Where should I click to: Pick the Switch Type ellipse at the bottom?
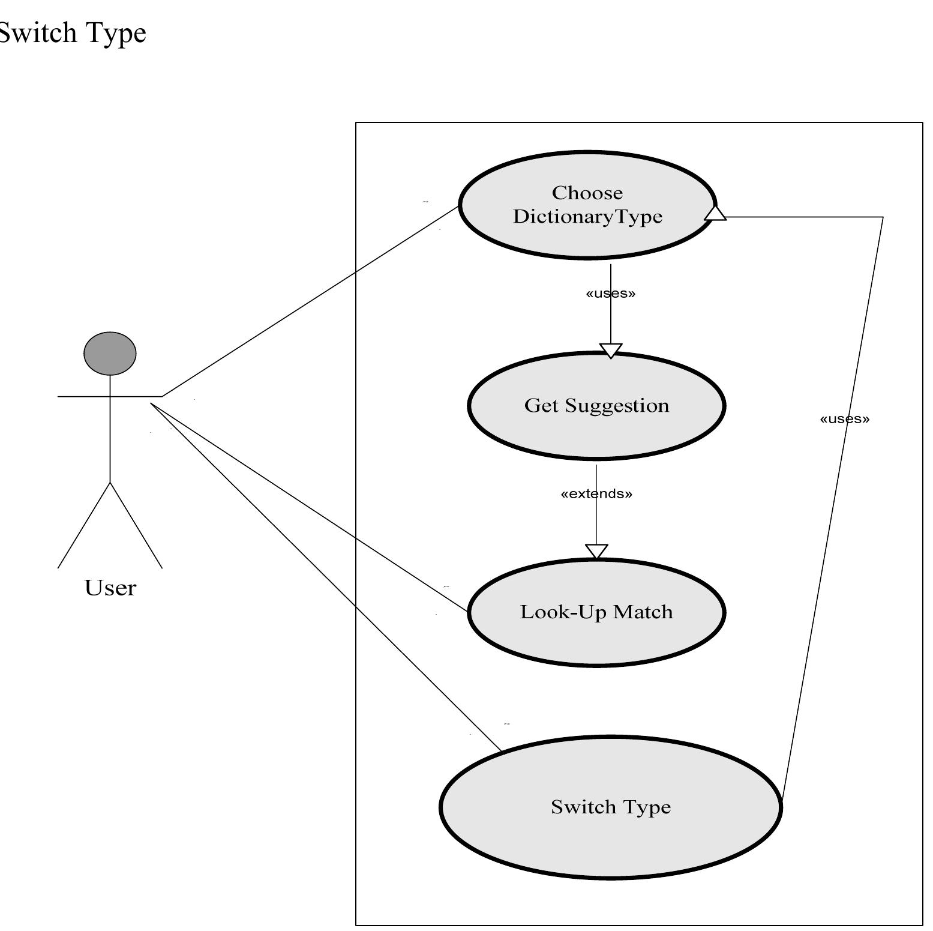[x=610, y=840]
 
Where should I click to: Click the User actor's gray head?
[x=110, y=354]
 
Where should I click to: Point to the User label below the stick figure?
[x=110, y=588]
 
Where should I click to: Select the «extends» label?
[x=596, y=493]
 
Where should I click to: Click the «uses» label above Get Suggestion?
[x=610, y=293]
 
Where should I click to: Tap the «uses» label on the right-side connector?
[x=844, y=418]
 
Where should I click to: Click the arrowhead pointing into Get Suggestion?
[x=611, y=351]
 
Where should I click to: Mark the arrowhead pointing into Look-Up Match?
[x=596, y=551]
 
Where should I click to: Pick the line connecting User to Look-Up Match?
[x=309, y=507]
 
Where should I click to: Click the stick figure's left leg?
[x=84, y=525]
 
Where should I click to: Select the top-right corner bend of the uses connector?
[x=883, y=217]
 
